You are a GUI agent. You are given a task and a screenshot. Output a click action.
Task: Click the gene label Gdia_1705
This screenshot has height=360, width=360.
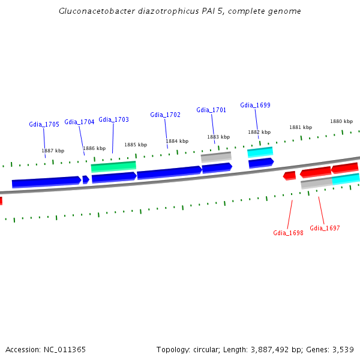click(44, 124)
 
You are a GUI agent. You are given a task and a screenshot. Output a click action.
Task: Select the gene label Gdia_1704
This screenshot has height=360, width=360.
click(79, 122)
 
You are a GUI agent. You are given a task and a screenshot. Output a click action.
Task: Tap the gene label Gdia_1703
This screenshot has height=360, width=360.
click(113, 119)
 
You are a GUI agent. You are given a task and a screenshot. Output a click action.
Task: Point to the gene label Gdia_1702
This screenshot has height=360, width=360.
click(165, 115)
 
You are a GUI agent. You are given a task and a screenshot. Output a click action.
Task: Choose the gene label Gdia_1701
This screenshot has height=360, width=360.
click(211, 110)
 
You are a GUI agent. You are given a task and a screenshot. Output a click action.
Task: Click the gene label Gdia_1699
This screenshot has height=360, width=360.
click(255, 105)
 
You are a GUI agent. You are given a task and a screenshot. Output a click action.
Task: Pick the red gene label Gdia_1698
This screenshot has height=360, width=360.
click(288, 233)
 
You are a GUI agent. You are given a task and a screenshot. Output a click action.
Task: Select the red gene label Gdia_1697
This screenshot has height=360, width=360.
click(325, 228)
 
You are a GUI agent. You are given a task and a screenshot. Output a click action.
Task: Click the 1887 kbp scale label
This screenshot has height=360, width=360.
click(53, 151)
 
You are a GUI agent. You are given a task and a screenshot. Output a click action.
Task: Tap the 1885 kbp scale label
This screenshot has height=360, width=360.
click(136, 145)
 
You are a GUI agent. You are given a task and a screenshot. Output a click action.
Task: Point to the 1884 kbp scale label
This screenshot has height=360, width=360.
click(177, 141)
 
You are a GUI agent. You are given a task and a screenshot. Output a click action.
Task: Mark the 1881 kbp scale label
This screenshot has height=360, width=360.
click(301, 127)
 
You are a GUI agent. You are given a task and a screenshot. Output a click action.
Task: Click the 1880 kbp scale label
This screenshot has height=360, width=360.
click(341, 121)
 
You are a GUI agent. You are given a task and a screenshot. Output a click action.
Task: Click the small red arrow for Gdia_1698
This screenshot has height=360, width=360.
click(289, 175)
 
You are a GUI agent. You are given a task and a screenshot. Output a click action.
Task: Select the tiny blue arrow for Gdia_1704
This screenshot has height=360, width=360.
click(86, 179)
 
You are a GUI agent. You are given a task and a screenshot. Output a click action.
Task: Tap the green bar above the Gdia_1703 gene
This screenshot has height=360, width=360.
click(113, 166)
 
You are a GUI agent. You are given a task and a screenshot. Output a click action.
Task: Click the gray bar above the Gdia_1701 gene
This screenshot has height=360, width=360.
click(216, 157)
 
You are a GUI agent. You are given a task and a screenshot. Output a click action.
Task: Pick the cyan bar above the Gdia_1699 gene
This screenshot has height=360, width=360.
click(260, 152)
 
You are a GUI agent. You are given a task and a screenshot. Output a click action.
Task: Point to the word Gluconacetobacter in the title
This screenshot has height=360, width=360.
click(95, 11)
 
